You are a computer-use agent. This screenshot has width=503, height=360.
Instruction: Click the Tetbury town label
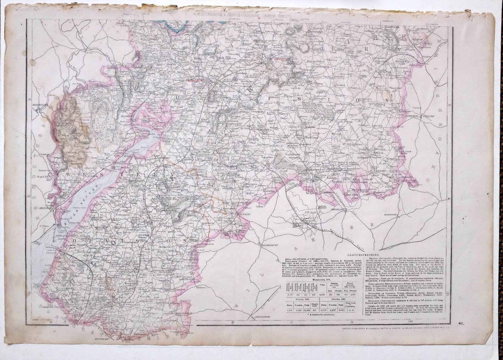[x=243, y=214]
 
